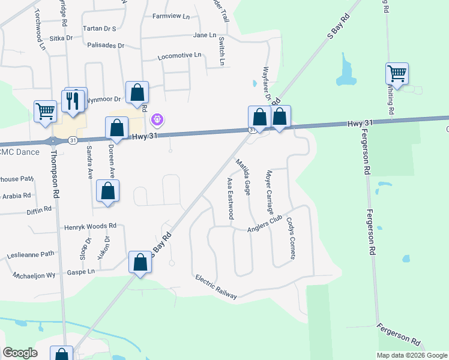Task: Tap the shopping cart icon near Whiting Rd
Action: (397, 74)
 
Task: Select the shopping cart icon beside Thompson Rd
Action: (45, 112)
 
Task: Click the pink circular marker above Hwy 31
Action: (157, 120)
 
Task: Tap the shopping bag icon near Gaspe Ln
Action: (140, 263)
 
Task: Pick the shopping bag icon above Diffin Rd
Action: (107, 191)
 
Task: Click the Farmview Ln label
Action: (170, 16)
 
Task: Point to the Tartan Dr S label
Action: (100, 28)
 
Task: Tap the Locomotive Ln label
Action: (179, 56)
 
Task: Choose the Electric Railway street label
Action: (216, 287)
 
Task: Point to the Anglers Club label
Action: (265, 225)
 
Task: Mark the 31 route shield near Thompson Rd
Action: (72, 140)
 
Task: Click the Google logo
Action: (20, 353)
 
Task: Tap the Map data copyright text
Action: (412, 355)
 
